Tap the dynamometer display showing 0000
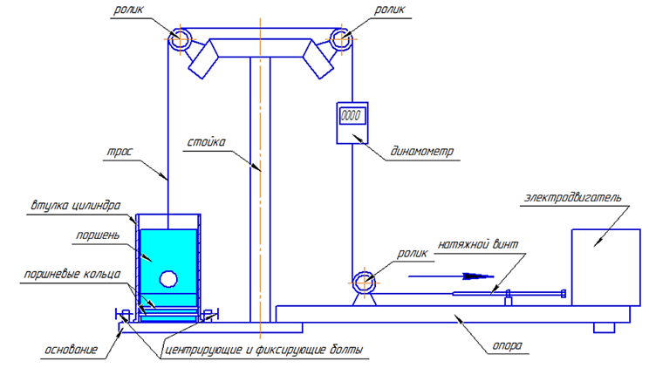pyautogui.click(x=352, y=116)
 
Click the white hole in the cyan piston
pyautogui.click(x=168, y=279)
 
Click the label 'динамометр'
pyautogui.click(x=422, y=152)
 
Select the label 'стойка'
pyautogui.click(x=207, y=142)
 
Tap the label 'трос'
pyautogui.click(x=120, y=152)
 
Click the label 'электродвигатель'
pyautogui.click(x=573, y=197)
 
